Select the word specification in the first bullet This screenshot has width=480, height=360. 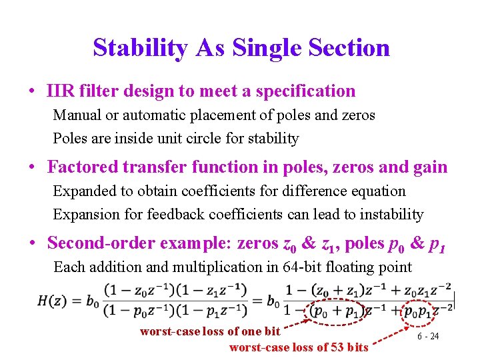(302, 91)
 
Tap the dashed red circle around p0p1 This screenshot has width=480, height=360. (421, 311)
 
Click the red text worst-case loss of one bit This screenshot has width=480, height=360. (210, 331)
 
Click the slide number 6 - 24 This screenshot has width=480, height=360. (428, 336)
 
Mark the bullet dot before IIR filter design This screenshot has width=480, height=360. (32, 91)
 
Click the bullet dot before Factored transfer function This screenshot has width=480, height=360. (32, 167)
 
